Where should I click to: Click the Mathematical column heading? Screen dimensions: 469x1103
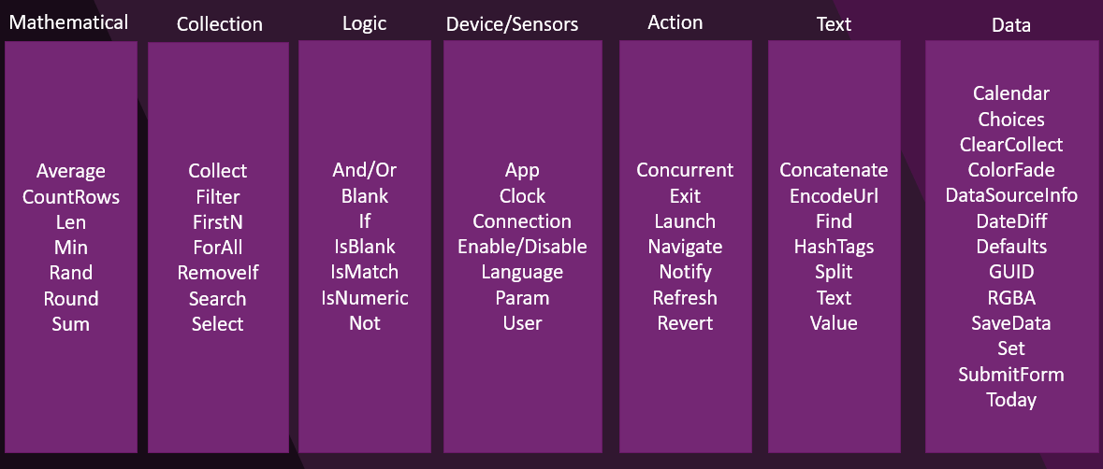click(x=67, y=21)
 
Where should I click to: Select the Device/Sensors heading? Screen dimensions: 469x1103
click(x=512, y=24)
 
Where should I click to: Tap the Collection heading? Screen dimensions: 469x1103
click(x=219, y=24)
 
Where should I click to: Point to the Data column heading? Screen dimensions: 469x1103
click(x=1010, y=25)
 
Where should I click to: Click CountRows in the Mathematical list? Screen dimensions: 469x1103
click(x=71, y=197)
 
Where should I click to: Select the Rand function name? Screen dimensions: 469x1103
click(x=71, y=273)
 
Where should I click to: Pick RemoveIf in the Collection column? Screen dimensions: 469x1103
click(x=218, y=274)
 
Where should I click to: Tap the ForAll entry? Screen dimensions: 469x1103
click(x=218, y=249)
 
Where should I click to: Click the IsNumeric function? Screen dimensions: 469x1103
click(x=364, y=298)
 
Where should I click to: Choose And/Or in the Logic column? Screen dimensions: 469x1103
click(x=364, y=170)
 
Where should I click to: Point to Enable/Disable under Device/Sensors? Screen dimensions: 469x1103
click(x=522, y=247)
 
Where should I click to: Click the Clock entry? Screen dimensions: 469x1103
click(x=522, y=196)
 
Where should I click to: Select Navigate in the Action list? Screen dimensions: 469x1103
click(x=685, y=247)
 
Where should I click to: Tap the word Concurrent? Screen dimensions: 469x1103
click(x=685, y=170)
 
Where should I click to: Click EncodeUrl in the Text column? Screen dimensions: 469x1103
click(x=834, y=196)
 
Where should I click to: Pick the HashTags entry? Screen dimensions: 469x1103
click(x=834, y=247)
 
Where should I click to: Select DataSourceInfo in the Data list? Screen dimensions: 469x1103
click(x=1011, y=195)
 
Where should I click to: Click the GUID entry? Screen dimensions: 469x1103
click(x=1011, y=272)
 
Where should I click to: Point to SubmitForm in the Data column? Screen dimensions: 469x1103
click(x=1011, y=375)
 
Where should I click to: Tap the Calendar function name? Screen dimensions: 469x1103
click(x=1011, y=93)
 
